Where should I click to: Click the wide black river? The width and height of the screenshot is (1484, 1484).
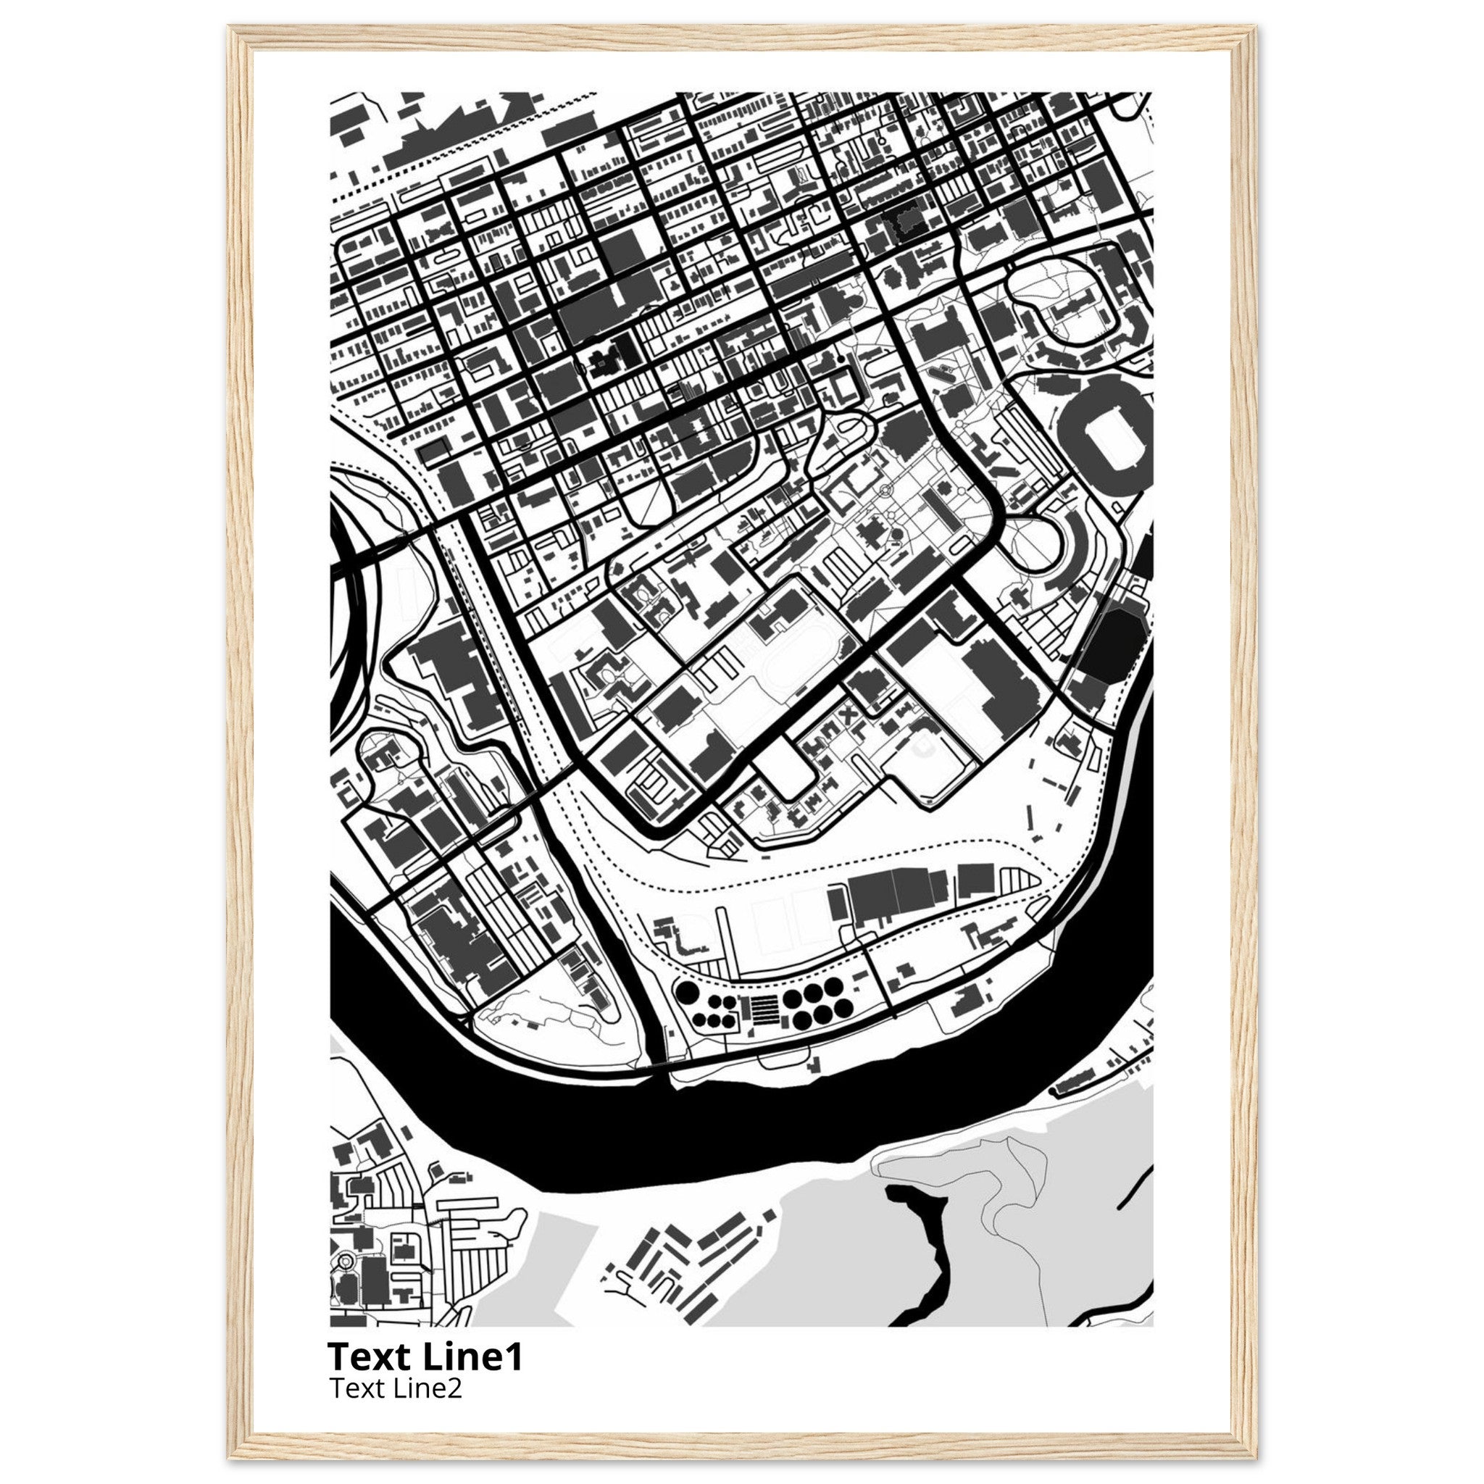[691, 1122]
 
